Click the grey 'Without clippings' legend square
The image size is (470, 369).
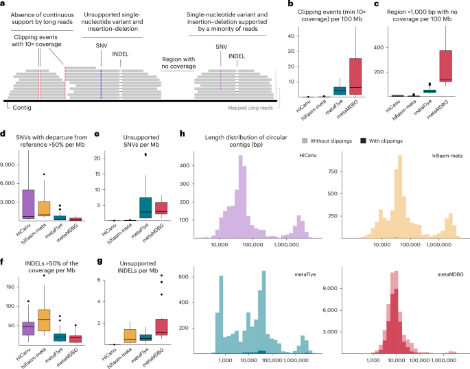click(303, 139)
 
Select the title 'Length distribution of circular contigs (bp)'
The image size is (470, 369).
click(240, 141)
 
